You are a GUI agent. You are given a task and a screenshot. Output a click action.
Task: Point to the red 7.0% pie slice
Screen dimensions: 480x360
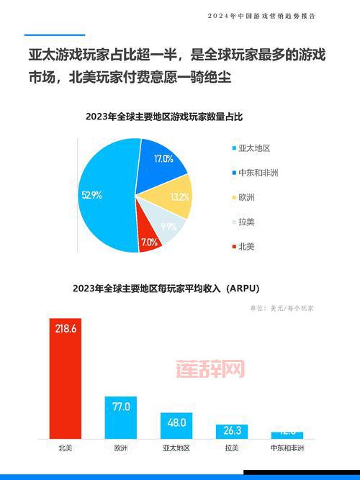[x=149, y=241]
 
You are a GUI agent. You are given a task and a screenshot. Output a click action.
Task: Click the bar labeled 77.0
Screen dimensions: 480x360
[x=120, y=417]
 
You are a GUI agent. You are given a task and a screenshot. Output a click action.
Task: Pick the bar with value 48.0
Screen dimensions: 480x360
[x=176, y=425]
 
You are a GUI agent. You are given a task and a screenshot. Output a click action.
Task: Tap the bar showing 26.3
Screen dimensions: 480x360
[x=232, y=431]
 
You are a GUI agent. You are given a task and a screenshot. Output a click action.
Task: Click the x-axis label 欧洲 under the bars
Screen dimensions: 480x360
[x=120, y=448]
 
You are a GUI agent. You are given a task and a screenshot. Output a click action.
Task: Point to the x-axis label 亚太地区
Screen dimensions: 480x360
[x=176, y=448]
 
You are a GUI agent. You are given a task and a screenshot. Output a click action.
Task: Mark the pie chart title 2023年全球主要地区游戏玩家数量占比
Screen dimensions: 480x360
[x=153, y=116]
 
